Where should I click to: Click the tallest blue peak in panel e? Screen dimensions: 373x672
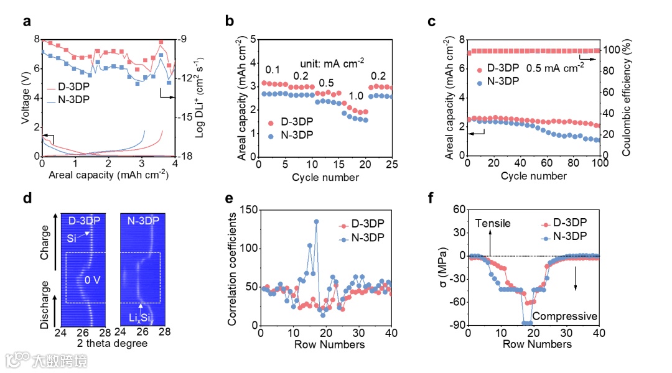pyautogui.click(x=316, y=221)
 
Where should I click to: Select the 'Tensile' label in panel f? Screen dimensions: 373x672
pyautogui.click(x=494, y=223)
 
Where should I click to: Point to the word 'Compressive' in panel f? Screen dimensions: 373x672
pyautogui.click(x=565, y=316)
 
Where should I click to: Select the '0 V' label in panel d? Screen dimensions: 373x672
pyautogui.click(x=93, y=280)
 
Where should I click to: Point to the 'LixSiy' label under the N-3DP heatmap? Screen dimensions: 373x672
pyautogui.click(x=141, y=318)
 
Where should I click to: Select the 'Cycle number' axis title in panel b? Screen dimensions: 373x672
pyautogui.click(x=325, y=178)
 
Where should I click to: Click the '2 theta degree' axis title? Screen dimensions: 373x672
pyautogui.click(x=112, y=343)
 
